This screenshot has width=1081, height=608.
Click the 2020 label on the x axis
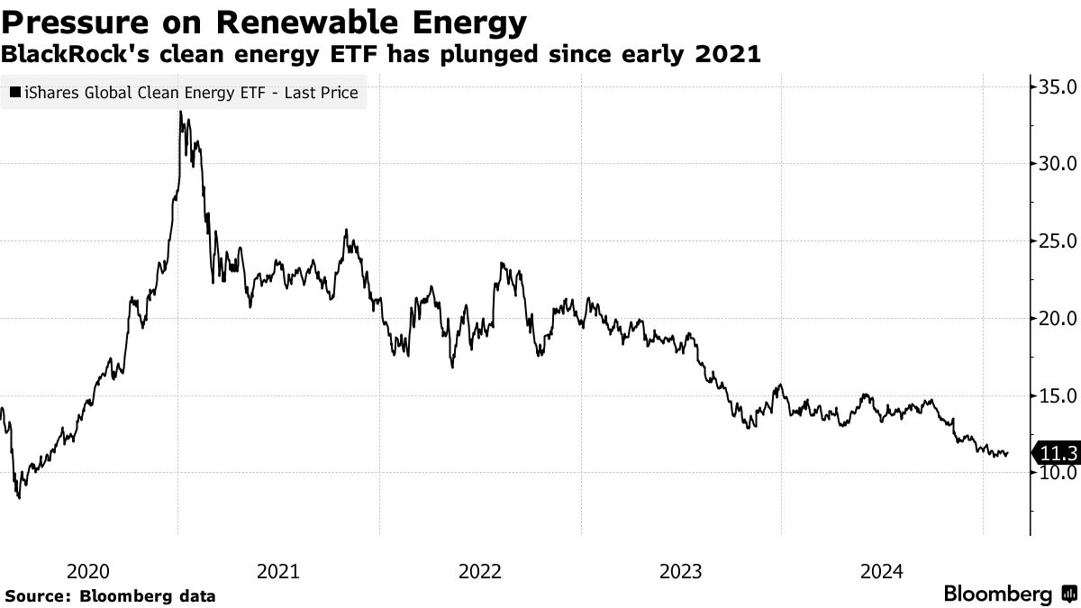pos(88,571)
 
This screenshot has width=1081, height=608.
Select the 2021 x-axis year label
pos(279,571)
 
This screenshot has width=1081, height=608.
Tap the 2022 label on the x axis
pos(480,571)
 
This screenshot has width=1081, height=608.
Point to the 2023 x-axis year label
pos(681,571)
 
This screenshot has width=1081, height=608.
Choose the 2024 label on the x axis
pos(882,571)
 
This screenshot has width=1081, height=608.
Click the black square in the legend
pos(15,92)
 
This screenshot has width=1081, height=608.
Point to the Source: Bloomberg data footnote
pos(110,595)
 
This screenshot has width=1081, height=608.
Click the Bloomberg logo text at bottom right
pos(997,594)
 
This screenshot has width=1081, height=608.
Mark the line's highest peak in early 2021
pos(181,112)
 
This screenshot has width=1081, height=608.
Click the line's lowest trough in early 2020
pos(19,497)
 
